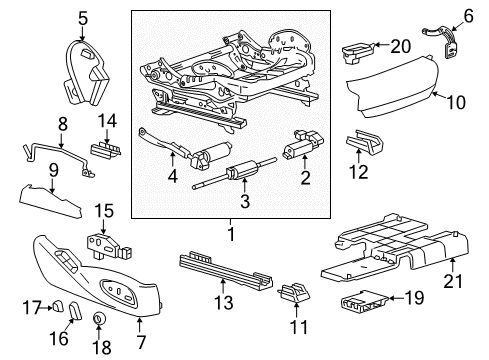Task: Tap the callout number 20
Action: point(401,45)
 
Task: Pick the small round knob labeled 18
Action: point(100,320)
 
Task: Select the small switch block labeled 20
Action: point(357,47)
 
